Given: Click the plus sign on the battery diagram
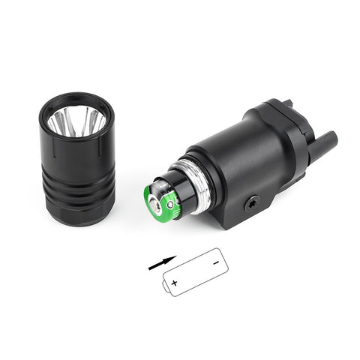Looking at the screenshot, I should click(x=175, y=283).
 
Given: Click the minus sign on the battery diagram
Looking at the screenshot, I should click(x=214, y=262).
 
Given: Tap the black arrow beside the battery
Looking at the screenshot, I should click(x=161, y=262).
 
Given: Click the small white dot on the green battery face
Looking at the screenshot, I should click(x=170, y=203).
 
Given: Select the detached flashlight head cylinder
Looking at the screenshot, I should click(x=76, y=161).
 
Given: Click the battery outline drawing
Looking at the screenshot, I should click(x=193, y=272).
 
